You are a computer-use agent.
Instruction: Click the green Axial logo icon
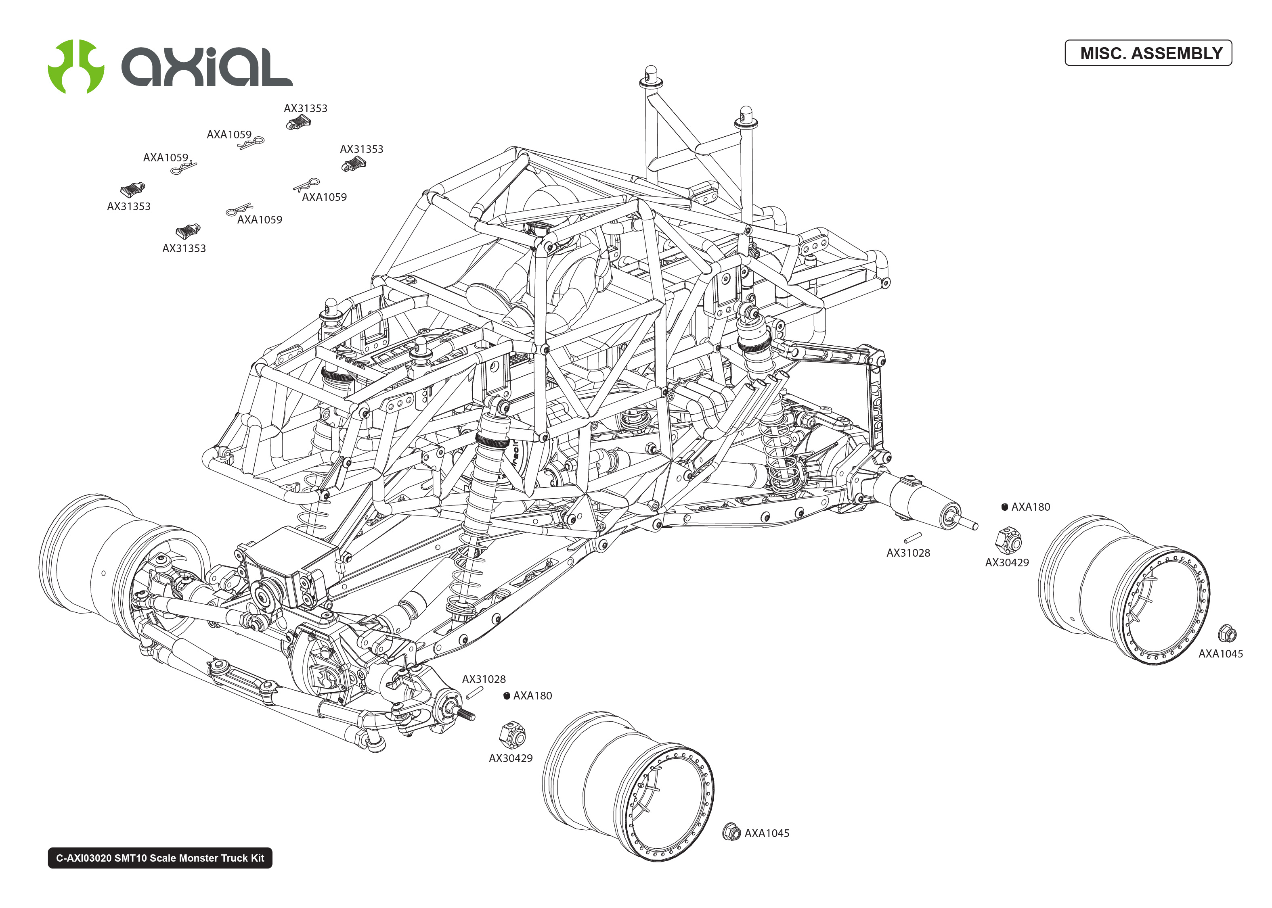[75, 67]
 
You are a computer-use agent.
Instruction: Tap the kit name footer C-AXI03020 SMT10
[160, 858]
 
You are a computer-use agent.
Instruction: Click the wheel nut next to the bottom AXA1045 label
[731, 832]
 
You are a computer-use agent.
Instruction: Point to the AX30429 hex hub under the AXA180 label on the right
[1008, 540]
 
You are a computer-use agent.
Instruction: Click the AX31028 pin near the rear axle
[913, 537]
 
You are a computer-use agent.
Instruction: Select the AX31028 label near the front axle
[483, 679]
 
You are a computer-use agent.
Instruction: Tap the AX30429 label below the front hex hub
[510, 758]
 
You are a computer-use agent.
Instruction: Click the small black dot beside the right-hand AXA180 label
[1005, 507]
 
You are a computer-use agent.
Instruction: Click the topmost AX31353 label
[306, 109]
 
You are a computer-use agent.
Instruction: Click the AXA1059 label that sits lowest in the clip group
[260, 220]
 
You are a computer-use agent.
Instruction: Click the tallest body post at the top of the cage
[650, 77]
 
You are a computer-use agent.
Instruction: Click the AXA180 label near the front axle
[532, 695]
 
